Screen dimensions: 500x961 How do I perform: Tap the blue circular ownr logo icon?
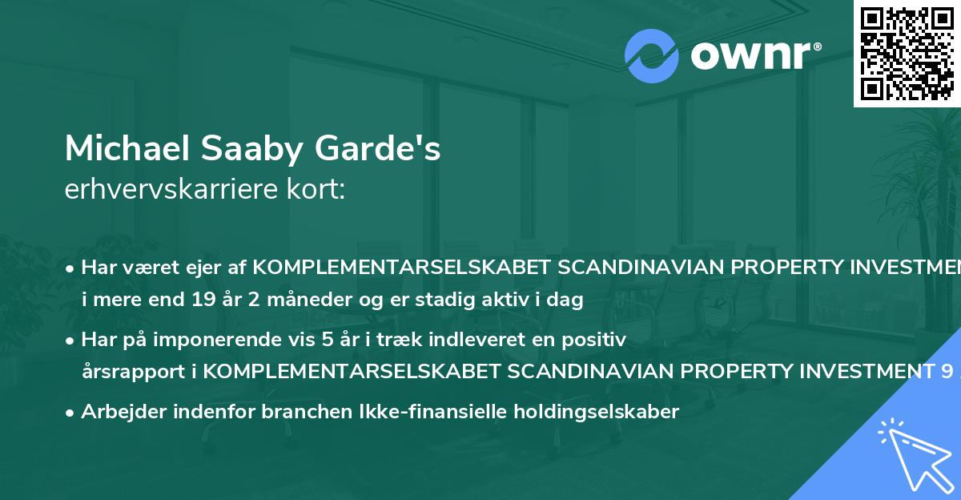(652, 56)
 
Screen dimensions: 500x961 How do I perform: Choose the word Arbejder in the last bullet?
(117, 412)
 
